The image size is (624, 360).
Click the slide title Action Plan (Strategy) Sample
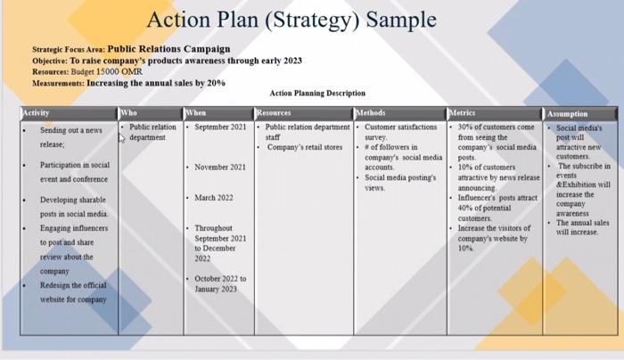click(x=291, y=20)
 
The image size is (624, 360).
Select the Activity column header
click(x=37, y=113)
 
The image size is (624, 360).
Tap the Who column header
click(x=129, y=113)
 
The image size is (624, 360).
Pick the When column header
click(x=195, y=113)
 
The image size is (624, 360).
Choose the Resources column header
click(x=273, y=113)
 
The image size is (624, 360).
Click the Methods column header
click(x=372, y=113)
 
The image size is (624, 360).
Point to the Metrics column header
click(x=464, y=113)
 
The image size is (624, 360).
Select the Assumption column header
click(x=568, y=114)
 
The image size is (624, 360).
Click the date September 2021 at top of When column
click(x=220, y=127)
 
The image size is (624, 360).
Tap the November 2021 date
click(x=220, y=167)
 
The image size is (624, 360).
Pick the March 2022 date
click(x=214, y=197)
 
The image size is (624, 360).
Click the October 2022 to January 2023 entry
click(x=221, y=283)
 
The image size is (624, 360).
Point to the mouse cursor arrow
click(x=121, y=138)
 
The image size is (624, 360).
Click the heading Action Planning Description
click(x=317, y=93)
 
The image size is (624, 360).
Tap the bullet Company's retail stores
click(x=305, y=147)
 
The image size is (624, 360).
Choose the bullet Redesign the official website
click(x=73, y=292)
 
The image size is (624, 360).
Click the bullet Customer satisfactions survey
click(x=400, y=133)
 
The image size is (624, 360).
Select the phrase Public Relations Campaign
click(x=168, y=48)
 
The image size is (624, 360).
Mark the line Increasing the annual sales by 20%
click(x=156, y=82)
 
